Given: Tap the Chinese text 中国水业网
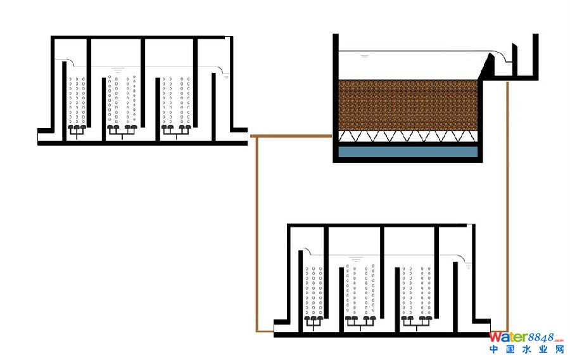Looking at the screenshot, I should pyautogui.click(x=526, y=350).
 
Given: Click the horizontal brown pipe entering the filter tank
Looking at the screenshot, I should pyautogui.click(x=291, y=136).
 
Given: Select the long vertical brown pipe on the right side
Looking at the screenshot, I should pyautogui.click(x=508, y=203).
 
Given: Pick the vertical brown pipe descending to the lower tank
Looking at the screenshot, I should pyautogui.click(x=256, y=235).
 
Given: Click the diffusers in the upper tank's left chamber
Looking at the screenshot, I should pyautogui.click(x=76, y=129).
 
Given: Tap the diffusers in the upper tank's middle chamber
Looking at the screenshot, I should pyautogui.click(x=122, y=129).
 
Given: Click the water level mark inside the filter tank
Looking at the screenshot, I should pyautogui.click(x=365, y=56).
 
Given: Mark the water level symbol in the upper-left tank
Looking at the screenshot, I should pyautogui.click(x=117, y=68).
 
